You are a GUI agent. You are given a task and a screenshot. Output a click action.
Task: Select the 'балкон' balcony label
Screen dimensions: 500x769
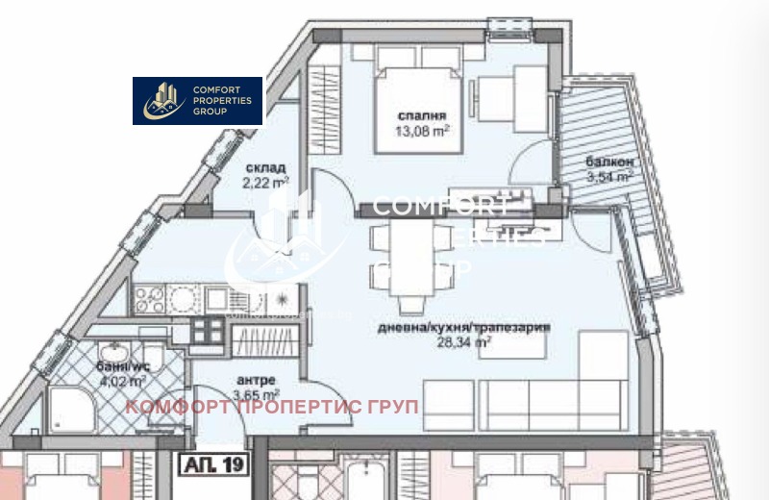(x=608, y=162)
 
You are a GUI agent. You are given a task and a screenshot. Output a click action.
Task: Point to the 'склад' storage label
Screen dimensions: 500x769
(x=263, y=167)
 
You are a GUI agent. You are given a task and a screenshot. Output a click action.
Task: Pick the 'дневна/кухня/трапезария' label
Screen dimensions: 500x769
(x=463, y=327)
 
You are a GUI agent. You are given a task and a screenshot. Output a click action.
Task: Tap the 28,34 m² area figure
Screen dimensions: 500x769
(x=463, y=340)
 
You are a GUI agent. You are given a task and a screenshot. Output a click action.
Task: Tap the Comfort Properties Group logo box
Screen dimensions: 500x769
(x=197, y=101)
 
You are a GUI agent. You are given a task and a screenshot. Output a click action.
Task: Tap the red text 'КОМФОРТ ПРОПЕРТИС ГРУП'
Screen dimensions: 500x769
(x=273, y=407)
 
